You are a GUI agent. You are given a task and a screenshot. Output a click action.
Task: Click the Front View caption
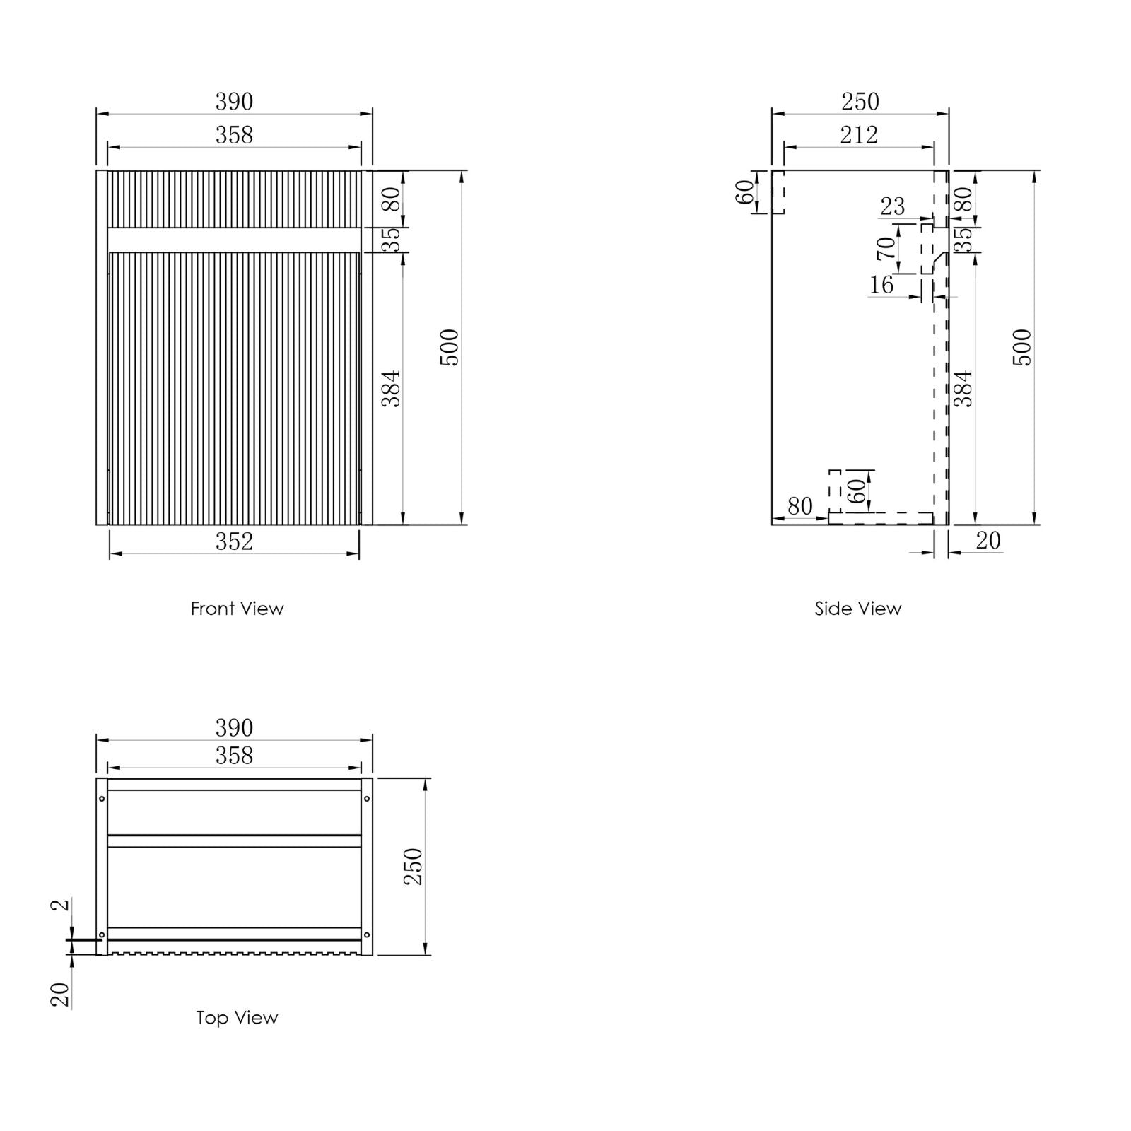[237, 609]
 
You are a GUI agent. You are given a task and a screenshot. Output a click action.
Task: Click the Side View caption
[857, 609]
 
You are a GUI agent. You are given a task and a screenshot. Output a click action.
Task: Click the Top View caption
[237, 1018]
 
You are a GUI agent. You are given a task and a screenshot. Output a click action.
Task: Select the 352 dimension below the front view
[234, 542]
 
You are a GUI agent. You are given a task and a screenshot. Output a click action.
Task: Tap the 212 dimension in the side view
[859, 135]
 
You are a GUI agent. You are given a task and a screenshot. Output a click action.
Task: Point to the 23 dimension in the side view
[892, 206]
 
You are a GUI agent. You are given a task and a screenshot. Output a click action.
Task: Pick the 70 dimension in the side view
[886, 248]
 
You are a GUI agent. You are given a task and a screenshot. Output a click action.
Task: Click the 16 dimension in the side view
[881, 285]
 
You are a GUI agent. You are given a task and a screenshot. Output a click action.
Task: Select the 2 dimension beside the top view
[62, 904]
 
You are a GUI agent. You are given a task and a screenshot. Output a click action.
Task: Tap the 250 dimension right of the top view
[413, 867]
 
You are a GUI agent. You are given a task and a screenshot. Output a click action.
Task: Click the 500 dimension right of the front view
[450, 347]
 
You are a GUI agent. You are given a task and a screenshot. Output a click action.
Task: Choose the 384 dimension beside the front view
[392, 388]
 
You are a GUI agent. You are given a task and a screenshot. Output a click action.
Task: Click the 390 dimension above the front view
[234, 102]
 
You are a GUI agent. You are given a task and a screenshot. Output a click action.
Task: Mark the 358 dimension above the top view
[234, 756]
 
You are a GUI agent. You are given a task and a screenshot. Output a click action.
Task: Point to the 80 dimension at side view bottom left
[799, 506]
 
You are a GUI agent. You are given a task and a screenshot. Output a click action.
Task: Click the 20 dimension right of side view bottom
[988, 541]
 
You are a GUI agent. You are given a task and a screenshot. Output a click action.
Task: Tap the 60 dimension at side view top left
[745, 192]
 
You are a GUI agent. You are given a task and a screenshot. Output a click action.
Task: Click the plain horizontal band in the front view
[234, 240]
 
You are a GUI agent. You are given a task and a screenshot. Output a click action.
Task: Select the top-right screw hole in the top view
[366, 799]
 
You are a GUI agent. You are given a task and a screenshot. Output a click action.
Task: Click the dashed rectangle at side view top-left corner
[778, 192]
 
